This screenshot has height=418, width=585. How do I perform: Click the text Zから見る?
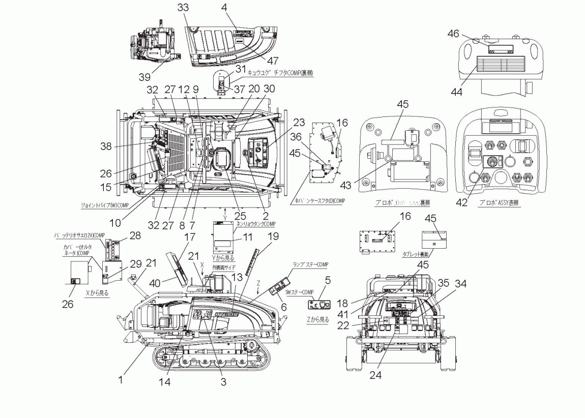tap(318, 319)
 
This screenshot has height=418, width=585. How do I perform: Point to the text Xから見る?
tap(96, 293)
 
